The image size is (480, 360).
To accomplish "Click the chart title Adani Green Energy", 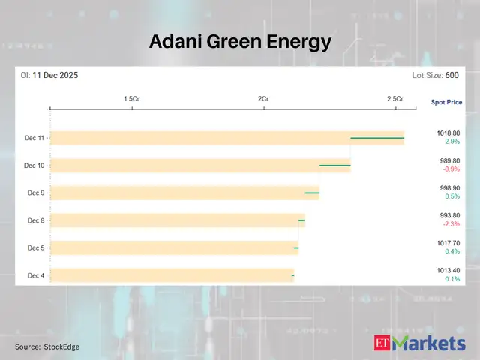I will click(x=240, y=41).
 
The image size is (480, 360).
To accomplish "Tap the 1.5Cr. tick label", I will click(x=133, y=99).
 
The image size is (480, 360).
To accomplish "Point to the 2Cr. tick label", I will click(x=263, y=99).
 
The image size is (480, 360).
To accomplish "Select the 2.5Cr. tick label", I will click(x=395, y=99).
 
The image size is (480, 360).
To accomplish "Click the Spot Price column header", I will click(x=446, y=101).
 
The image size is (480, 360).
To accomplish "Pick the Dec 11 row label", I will click(x=34, y=138).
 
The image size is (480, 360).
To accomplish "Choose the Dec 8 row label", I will click(x=36, y=220).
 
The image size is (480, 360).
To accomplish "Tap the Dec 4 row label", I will click(x=36, y=275).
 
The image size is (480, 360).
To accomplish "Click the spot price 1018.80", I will click(x=449, y=133).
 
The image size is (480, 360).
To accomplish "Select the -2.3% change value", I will click(x=450, y=224).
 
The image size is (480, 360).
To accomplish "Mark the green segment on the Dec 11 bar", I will click(x=377, y=138).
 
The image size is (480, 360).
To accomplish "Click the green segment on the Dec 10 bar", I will click(x=335, y=165).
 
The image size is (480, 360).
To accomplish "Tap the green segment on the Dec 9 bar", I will click(x=312, y=193).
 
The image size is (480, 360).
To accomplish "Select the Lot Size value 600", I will click(x=451, y=76).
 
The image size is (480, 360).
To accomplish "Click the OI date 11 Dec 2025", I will click(x=55, y=76).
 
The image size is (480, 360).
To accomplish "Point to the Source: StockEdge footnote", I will click(x=47, y=346).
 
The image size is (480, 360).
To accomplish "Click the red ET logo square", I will click(x=383, y=343).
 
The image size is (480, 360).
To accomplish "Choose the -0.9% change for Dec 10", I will click(x=450, y=169).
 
